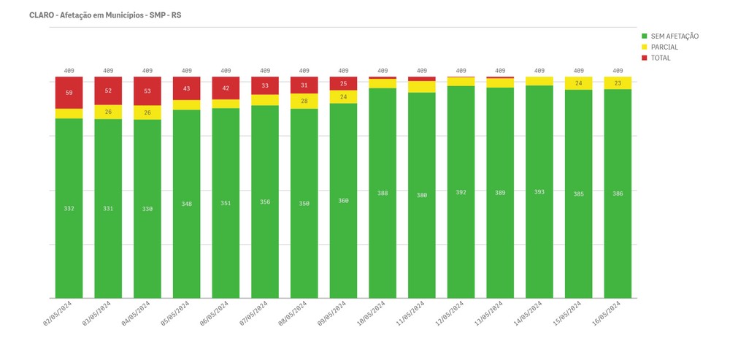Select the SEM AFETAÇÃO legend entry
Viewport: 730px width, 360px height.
669,36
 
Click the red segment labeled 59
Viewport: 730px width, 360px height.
69,93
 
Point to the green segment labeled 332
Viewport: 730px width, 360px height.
69,209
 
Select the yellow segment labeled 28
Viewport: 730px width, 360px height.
304,101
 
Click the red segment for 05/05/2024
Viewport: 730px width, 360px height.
187,88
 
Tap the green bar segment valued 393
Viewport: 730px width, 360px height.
539,192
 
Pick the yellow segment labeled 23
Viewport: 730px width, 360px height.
618,83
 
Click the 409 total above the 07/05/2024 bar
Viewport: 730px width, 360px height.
265,71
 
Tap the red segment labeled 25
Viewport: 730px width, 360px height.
343,83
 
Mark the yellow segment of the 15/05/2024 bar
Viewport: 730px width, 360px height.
579,83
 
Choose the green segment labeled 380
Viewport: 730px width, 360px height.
422,195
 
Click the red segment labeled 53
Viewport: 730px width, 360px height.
147,91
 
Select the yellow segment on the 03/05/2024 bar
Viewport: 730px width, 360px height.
108,112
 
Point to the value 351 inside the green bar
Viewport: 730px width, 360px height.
226,203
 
